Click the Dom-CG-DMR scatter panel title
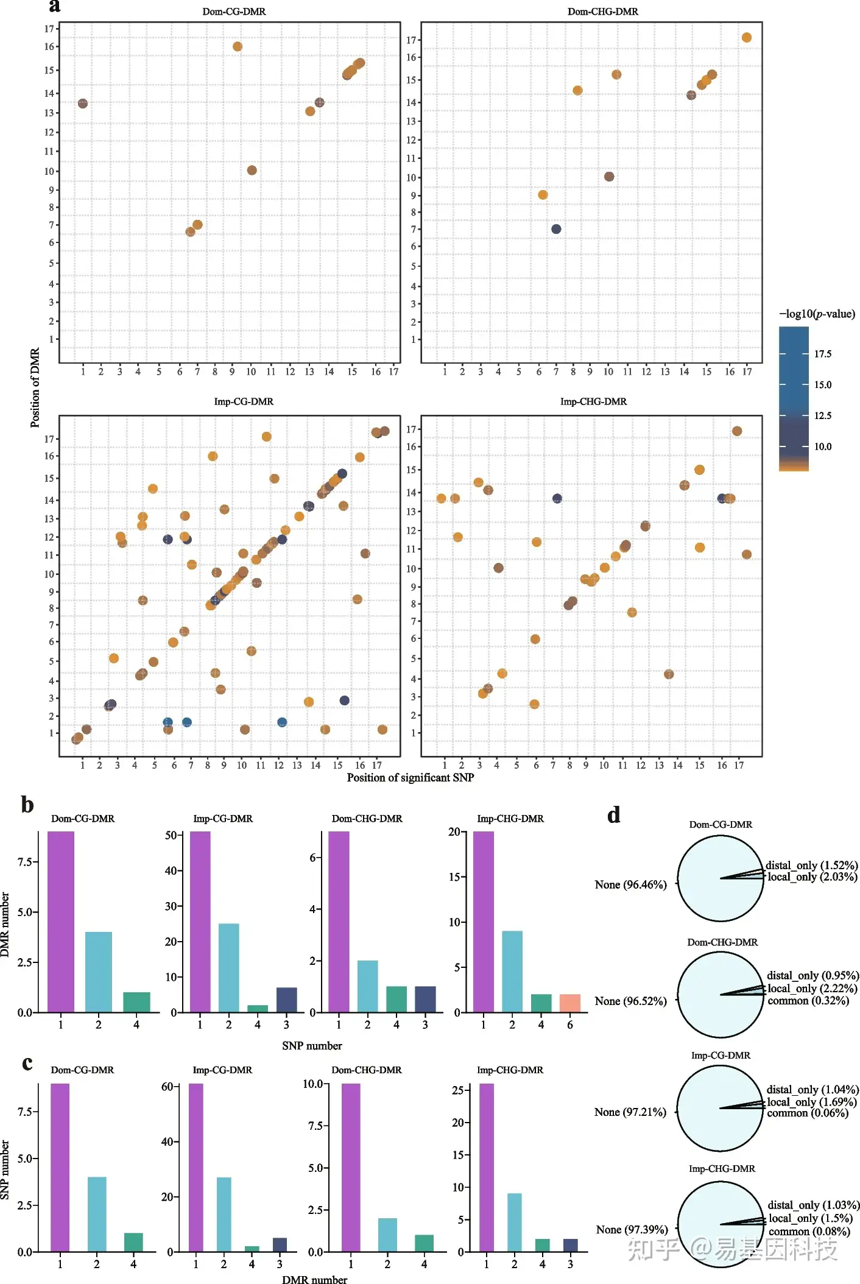tap(234, 12)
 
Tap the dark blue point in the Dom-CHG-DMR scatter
tap(556, 229)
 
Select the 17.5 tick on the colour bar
tap(822, 354)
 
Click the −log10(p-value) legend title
tap(817, 314)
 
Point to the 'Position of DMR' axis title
tap(35, 387)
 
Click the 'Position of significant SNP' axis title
tap(410, 778)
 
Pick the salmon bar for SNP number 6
tap(570, 1003)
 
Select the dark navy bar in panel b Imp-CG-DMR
tap(286, 1000)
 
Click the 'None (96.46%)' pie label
tap(630, 884)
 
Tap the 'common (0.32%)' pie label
tap(808, 1001)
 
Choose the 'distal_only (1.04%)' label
tap(812, 1090)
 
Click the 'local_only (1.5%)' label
tap(810, 1218)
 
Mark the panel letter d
tap(613, 815)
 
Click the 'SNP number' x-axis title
tap(312, 1046)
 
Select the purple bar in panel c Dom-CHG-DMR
tap(351, 1167)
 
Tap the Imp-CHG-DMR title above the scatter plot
tap(593, 402)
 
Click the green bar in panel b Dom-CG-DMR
tap(136, 1003)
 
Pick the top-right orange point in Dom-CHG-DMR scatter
tap(747, 38)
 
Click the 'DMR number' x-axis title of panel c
tap(314, 1280)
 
